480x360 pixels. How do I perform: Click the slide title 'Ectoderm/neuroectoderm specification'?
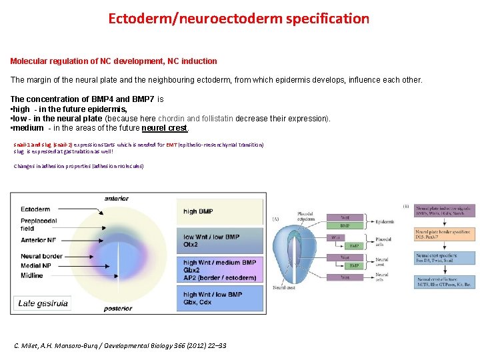[x=239, y=18]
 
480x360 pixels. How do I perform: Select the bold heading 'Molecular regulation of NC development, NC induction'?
[x=113, y=61]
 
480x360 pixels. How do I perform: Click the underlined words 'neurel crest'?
[x=165, y=128]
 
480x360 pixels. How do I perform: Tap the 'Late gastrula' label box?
[x=43, y=303]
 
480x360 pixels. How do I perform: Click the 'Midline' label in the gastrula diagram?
[x=32, y=275]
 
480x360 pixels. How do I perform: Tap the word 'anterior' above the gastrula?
[x=117, y=198]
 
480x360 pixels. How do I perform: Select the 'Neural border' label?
[x=41, y=257]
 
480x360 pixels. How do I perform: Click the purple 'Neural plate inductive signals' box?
[x=443, y=212]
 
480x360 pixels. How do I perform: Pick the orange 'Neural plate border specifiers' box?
[x=443, y=235]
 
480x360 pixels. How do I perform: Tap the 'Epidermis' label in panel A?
[x=385, y=222]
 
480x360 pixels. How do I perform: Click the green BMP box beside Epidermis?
[x=345, y=226]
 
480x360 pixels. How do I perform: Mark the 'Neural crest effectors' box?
[x=443, y=282]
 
